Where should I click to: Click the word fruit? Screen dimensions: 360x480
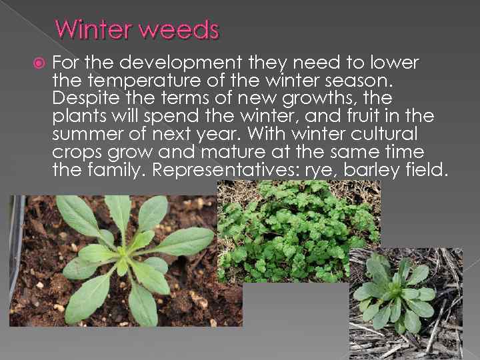pyautogui.click(x=374, y=117)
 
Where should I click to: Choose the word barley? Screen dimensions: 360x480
pyautogui.click(x=374, y=170)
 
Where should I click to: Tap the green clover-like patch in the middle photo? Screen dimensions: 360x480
pyautogui.click(x=297, y=223)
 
